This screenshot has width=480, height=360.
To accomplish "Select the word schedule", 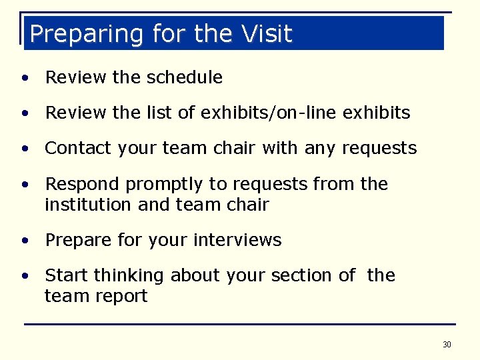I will (x=184, y=77).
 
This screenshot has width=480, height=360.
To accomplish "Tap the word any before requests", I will (x=320, y=148).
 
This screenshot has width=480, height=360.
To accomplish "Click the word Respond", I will (x=83, y=184).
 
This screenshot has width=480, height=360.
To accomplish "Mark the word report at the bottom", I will (x=123, y=296).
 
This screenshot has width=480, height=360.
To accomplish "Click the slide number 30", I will (x=447, y=345).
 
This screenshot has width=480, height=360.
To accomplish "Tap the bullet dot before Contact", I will (x=24, y=149).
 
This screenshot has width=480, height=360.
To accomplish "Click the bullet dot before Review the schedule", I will (x=24, y=78).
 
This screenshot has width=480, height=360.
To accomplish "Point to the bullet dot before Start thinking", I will (x=24, y=276).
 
